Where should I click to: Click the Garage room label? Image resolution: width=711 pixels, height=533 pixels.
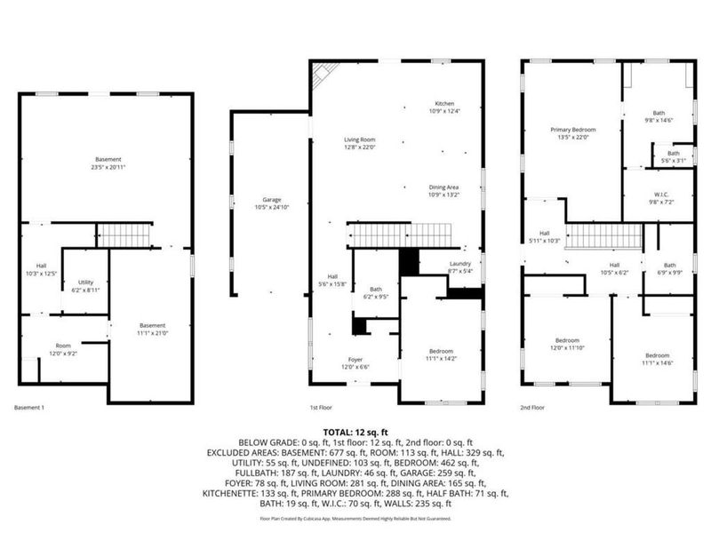(271, 203)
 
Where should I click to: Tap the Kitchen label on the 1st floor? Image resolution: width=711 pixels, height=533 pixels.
(443, 107)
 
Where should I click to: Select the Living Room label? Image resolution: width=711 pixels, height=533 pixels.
(360, 143)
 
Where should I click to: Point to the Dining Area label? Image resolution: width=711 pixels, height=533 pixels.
(443, 191)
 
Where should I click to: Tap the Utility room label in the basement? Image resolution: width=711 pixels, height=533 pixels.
(85, 284)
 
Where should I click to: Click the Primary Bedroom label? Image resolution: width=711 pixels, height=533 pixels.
(572, 133)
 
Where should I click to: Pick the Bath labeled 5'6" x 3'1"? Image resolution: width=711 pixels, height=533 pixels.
(673, 156)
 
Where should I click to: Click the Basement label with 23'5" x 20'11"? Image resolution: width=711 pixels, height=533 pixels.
(108, 163)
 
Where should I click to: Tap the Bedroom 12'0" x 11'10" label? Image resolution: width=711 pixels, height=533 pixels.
(567, 344)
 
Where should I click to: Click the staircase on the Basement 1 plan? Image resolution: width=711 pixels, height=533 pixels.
(124, 235)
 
